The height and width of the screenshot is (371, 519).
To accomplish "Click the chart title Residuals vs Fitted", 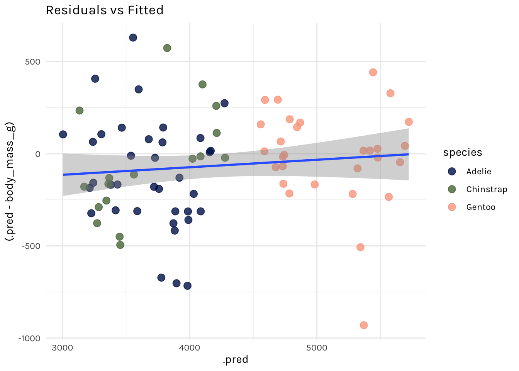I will point(105,10).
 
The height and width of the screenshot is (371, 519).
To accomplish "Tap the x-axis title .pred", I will point(235,360).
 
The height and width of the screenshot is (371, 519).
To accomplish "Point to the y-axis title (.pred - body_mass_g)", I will point(10,182).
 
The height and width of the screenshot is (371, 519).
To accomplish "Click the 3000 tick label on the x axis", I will point(62,347).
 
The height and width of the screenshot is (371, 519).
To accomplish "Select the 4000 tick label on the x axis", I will point(190,347).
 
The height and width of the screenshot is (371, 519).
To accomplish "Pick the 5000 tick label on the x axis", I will point(317,347).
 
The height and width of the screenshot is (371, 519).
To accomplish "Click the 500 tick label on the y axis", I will point(33,62).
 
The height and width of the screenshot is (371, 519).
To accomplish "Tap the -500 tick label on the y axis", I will point(31,246).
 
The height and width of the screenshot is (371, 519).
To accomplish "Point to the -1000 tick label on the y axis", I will point(29,339).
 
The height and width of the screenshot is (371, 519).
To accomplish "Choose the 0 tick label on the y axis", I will point(38,154).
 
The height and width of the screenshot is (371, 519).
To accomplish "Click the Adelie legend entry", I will point(478,172).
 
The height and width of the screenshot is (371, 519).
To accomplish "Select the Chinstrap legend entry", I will point(487,189).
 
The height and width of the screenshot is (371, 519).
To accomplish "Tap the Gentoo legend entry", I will point(480,207).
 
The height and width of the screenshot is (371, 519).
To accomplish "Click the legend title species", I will point(463,153).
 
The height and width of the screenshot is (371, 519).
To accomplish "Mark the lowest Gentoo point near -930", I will point(363,325).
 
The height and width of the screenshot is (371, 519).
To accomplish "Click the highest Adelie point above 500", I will point(133,37).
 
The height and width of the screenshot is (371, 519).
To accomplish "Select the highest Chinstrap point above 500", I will point(167,48).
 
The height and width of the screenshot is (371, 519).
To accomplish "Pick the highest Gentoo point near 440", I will point(373,72).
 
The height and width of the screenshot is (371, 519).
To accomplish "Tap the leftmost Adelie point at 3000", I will point(63,134).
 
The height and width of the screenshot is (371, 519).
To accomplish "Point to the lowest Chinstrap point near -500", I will point(120,245).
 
